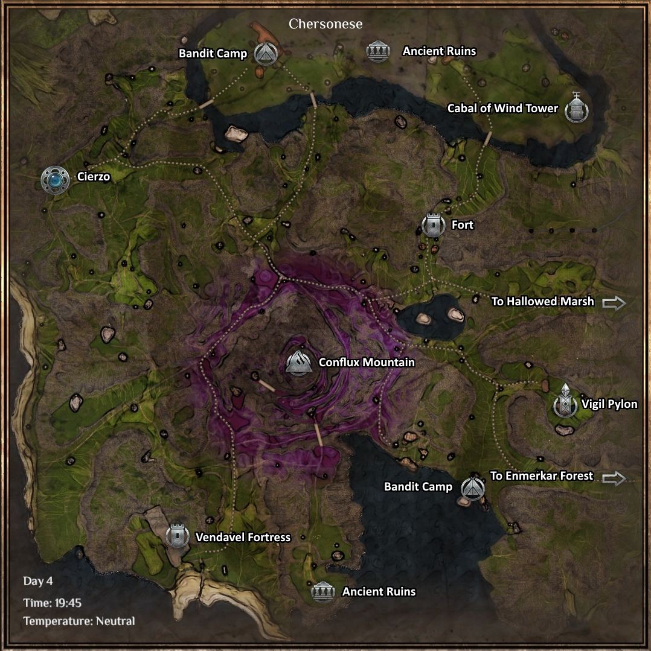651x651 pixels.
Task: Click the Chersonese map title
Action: tap(325, 24)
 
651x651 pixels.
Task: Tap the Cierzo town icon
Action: tap(54, 179)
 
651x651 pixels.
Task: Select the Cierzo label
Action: tap(94, 177)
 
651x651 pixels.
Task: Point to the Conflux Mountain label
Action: tap(367, 363)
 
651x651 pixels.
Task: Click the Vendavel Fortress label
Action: tap(243, 537)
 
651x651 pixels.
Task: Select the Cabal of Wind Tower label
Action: tap(502, 109)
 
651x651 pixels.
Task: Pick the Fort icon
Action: tap(433, 225)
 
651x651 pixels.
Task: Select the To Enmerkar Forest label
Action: tap(542, 476)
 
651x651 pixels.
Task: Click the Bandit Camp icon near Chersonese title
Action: tap(265, 54)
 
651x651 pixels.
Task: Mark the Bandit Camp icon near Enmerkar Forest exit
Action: tap(472, 487)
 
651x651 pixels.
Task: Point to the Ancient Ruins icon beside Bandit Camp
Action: tap(379, 51)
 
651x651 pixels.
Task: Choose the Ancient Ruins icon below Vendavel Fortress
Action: tap(323, 592)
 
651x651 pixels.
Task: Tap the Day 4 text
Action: tap(39, 582)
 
